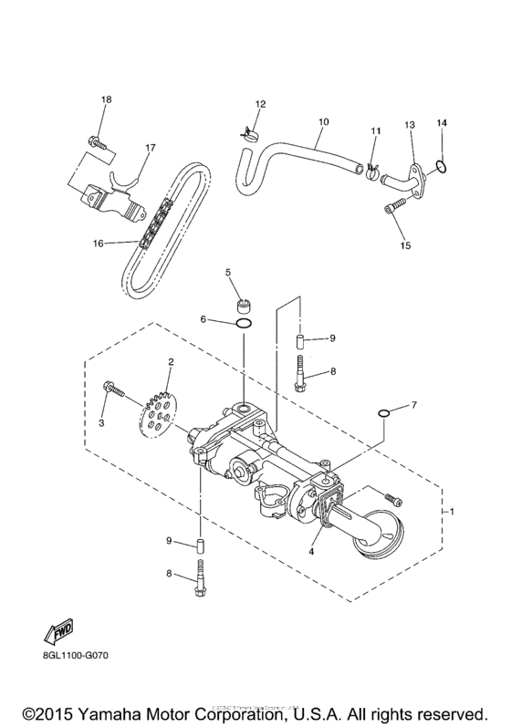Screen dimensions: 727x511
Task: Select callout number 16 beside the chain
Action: pos(98,244)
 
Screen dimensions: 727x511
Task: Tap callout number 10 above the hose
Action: pos(322,119)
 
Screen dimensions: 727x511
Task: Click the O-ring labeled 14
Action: pos(441,166)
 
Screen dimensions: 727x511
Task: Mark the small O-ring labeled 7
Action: pos(385,416)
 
